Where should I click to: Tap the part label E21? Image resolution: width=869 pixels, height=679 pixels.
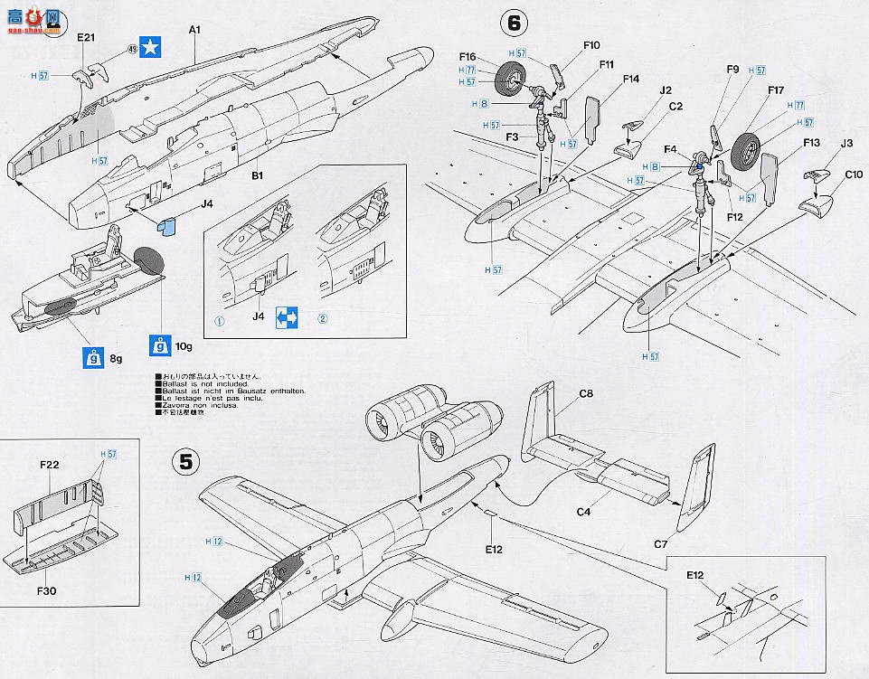[87, 39]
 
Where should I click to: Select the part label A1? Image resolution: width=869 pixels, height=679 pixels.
[194, 29]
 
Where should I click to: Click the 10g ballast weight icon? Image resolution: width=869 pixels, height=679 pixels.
[160, 344]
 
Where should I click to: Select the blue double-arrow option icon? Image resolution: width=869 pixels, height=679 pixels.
[287, 317]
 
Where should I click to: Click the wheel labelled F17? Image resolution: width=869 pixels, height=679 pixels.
[748, 151]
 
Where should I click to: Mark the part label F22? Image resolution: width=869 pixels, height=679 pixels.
[50, 465]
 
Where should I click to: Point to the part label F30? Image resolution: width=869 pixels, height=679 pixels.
[48, 590]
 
